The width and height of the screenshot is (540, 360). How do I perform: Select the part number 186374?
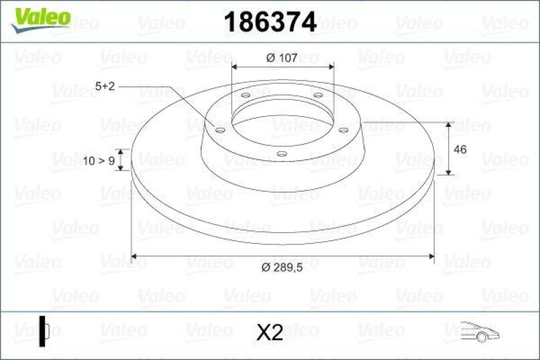[269, 23]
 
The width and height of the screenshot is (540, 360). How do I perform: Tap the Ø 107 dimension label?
[282, 58]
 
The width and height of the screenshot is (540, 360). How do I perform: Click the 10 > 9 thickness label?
[99, 160]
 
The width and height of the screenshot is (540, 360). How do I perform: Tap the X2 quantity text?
[269, 332]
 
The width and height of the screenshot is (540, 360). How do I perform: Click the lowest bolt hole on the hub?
[282, 154]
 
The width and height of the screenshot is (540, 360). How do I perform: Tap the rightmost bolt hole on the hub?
[343, 130]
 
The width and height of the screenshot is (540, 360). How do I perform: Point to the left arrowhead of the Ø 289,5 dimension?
[134, 257]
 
